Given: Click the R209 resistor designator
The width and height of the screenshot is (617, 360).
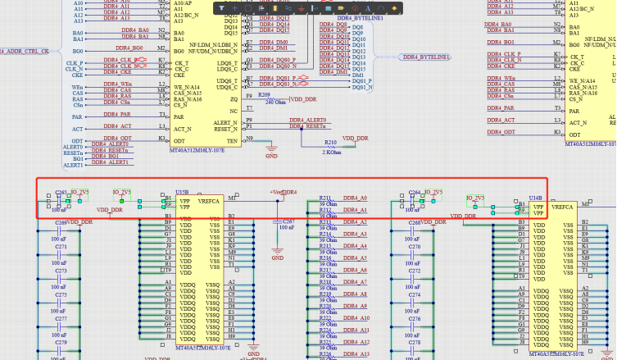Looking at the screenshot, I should tap(264, 95).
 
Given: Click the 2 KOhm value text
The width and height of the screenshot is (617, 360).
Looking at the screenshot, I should tap(331, 152).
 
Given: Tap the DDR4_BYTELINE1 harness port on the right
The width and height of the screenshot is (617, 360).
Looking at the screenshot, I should tap(425, 57).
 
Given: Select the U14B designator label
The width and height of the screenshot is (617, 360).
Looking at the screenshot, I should tap(535, 198).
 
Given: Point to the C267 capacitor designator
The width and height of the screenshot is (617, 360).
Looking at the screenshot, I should tap(288, 221).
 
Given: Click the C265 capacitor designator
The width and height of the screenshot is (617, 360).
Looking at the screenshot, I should tap(61, 193).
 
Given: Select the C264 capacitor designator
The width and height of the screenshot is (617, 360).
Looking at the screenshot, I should tap(415, 193).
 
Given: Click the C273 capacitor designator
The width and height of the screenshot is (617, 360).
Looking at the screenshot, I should tap(61, 271).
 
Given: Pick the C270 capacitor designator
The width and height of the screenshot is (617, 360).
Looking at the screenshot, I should tap(415, 246).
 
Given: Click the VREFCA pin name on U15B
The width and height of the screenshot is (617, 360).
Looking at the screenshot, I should tap(209, 200).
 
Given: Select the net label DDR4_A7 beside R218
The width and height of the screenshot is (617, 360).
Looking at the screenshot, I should tap(355, 282).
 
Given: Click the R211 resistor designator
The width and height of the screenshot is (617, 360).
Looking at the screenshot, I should tap(325, 198).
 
